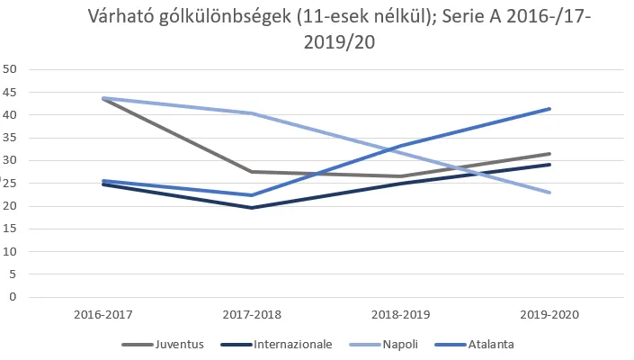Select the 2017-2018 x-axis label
tap(251, 315)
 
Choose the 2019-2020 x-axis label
tap(549, 315)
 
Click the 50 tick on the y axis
tap(11, 69)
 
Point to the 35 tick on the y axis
tap(11, 138)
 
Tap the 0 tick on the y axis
tap(13, 297)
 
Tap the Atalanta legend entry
tap(489, 344)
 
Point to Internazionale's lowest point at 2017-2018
tap(251, 208)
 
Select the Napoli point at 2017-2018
tap(251, 113)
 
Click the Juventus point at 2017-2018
tap(251, 171)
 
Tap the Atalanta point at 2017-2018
tap(251, 195)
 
